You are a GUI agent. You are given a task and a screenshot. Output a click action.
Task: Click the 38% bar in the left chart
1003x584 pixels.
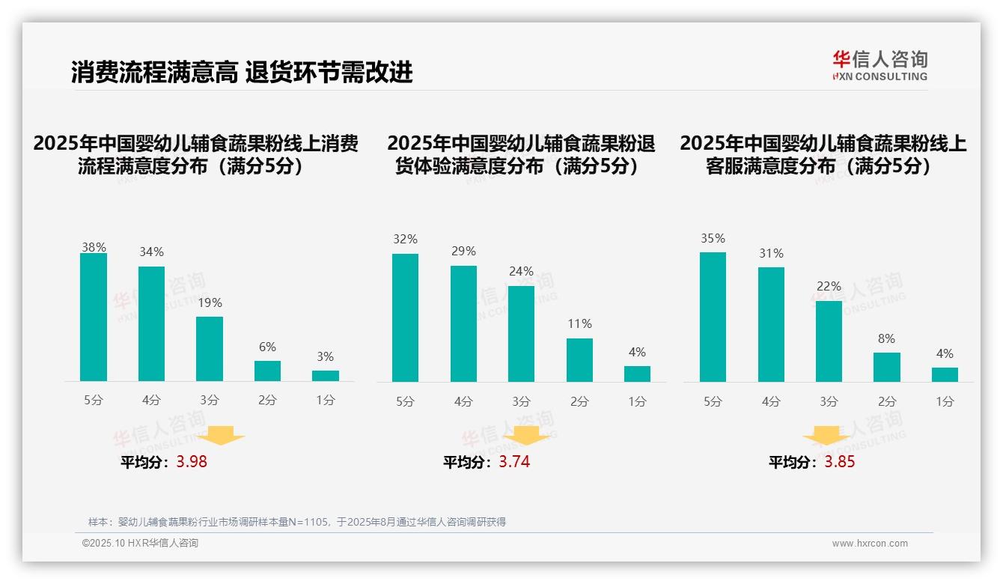coord(94,317)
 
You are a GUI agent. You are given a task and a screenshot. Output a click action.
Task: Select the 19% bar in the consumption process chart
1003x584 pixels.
coord(210,349)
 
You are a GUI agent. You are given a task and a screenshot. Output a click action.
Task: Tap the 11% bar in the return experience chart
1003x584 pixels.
coord(579,360)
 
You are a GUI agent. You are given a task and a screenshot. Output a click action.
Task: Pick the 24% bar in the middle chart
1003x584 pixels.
coord(521,334)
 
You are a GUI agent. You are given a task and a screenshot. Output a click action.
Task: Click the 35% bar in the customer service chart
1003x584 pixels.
coord(713,317)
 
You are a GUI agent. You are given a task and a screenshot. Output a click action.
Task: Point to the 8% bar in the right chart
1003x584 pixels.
coord(887,367)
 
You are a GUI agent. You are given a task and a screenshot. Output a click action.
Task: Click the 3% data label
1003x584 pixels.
coord(325,357)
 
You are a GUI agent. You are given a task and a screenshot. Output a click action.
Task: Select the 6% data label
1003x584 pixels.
coord(267,347)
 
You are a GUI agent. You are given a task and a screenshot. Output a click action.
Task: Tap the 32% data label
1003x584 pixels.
coord(405,240)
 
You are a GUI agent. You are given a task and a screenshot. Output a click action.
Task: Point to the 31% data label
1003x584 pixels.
coord(771,254)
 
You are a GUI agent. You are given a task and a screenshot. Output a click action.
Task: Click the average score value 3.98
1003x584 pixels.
coord(192,462)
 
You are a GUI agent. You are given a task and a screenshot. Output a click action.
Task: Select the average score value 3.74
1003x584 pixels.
coord(514,462)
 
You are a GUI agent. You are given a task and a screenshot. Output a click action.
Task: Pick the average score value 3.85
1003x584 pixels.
coord(839,462)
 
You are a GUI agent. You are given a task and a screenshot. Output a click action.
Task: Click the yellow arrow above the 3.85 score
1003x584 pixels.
coord(826,435)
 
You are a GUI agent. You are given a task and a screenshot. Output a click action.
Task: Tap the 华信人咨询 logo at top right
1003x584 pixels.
coord(879,65)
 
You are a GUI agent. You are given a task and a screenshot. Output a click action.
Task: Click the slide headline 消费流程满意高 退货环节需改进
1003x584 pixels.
coord(242,73)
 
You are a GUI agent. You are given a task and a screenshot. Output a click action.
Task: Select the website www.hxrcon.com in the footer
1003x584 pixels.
coord(870,544)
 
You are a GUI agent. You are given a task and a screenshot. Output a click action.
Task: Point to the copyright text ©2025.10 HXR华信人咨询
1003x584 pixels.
coord(140,544)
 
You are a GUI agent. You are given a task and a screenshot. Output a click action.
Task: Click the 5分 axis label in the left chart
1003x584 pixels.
coord(94,401)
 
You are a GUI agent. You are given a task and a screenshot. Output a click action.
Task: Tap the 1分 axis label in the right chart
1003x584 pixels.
coord(945,402)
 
